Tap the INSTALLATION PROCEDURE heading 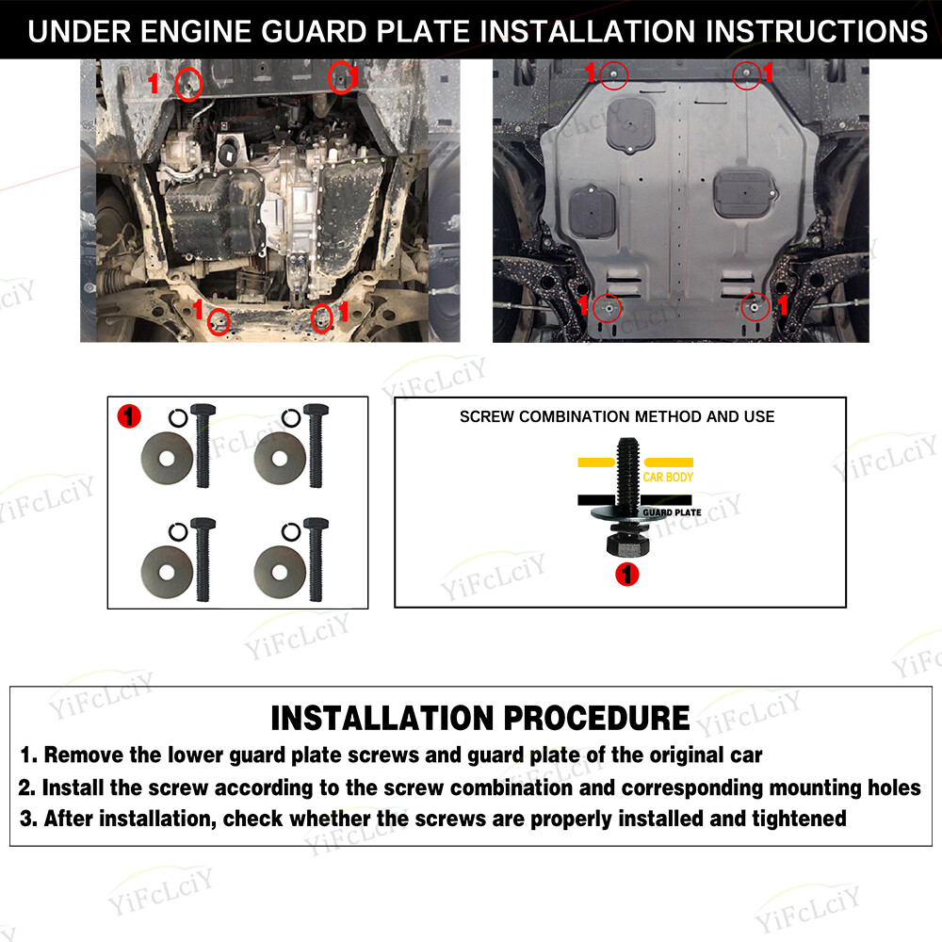[480, 718]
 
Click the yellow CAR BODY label [668, 478]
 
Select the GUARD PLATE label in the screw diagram [672, 512]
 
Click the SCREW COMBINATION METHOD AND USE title [617, 416]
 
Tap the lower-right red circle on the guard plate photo [754, 306]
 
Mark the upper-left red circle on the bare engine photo [189, 85]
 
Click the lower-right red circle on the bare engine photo [321, 318]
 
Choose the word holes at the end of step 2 [893, 788]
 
